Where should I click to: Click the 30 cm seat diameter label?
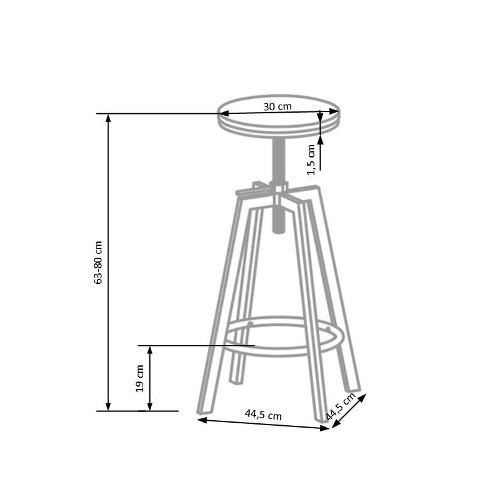coord(277,106)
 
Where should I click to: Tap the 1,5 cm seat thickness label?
coord(312,158)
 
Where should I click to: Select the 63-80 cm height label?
coord(98,261)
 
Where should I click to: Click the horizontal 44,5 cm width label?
coord(263,413)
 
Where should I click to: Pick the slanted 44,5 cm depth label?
coord(341,406)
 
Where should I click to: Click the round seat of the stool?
coord(278,118)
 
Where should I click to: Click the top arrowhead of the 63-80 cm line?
coord(109,118)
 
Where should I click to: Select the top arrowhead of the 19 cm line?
coord(149,349)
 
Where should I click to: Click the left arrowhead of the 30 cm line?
coord(222,114)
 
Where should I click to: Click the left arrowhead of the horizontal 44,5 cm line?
coord(201,420)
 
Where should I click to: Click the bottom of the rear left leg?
coord(238,379)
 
